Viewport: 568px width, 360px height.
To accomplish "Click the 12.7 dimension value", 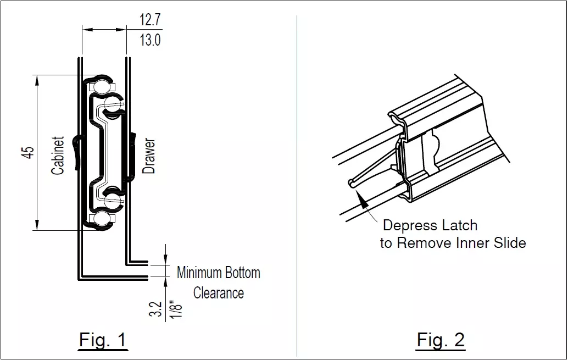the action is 150,20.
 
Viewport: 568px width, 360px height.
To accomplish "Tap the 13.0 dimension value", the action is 150,40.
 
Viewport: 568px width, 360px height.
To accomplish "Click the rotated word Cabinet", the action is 58,155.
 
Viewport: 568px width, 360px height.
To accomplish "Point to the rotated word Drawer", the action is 148,156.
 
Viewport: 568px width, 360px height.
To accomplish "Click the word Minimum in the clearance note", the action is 199,273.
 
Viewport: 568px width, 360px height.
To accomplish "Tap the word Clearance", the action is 219,293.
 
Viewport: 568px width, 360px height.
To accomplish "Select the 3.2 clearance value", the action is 155,309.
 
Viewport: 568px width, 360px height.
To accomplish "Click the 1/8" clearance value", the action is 176,309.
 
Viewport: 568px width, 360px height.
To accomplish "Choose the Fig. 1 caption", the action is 103,340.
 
